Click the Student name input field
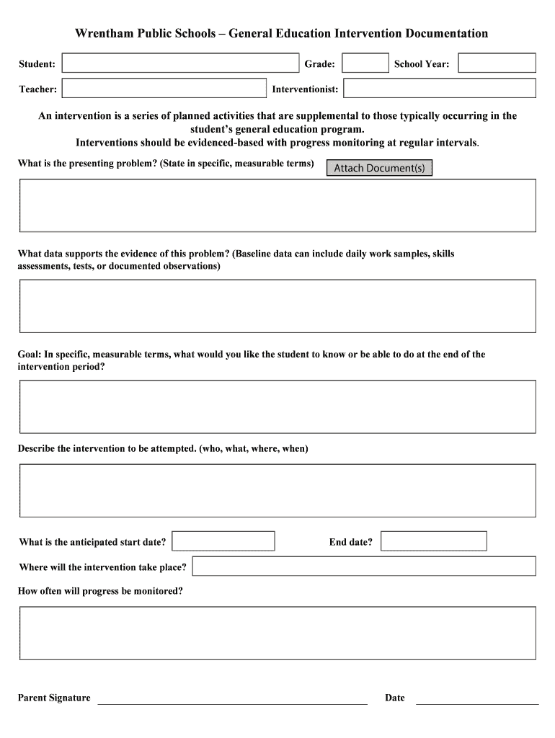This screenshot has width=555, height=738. pos(180,63)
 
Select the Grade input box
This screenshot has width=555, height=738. pos(365,63)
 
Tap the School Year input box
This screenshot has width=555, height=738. pos(497,63)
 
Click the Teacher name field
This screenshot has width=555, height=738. pos(164,89)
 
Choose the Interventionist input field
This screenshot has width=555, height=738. pos(439,89)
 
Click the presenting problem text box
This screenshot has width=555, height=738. pos(277,205)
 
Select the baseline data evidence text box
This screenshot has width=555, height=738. pos(277,306)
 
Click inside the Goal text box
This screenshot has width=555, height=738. pos(277,406)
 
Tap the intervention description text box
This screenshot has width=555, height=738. pos(277,491)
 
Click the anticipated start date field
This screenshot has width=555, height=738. pos(223,541)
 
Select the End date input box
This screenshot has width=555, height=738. pos(433,541)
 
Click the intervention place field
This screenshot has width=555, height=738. pos(364,566)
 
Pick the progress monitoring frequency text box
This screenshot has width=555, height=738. pos(277,633)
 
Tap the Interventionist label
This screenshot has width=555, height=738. pos(305,89)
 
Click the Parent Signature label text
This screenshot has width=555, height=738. pos(54,698)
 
